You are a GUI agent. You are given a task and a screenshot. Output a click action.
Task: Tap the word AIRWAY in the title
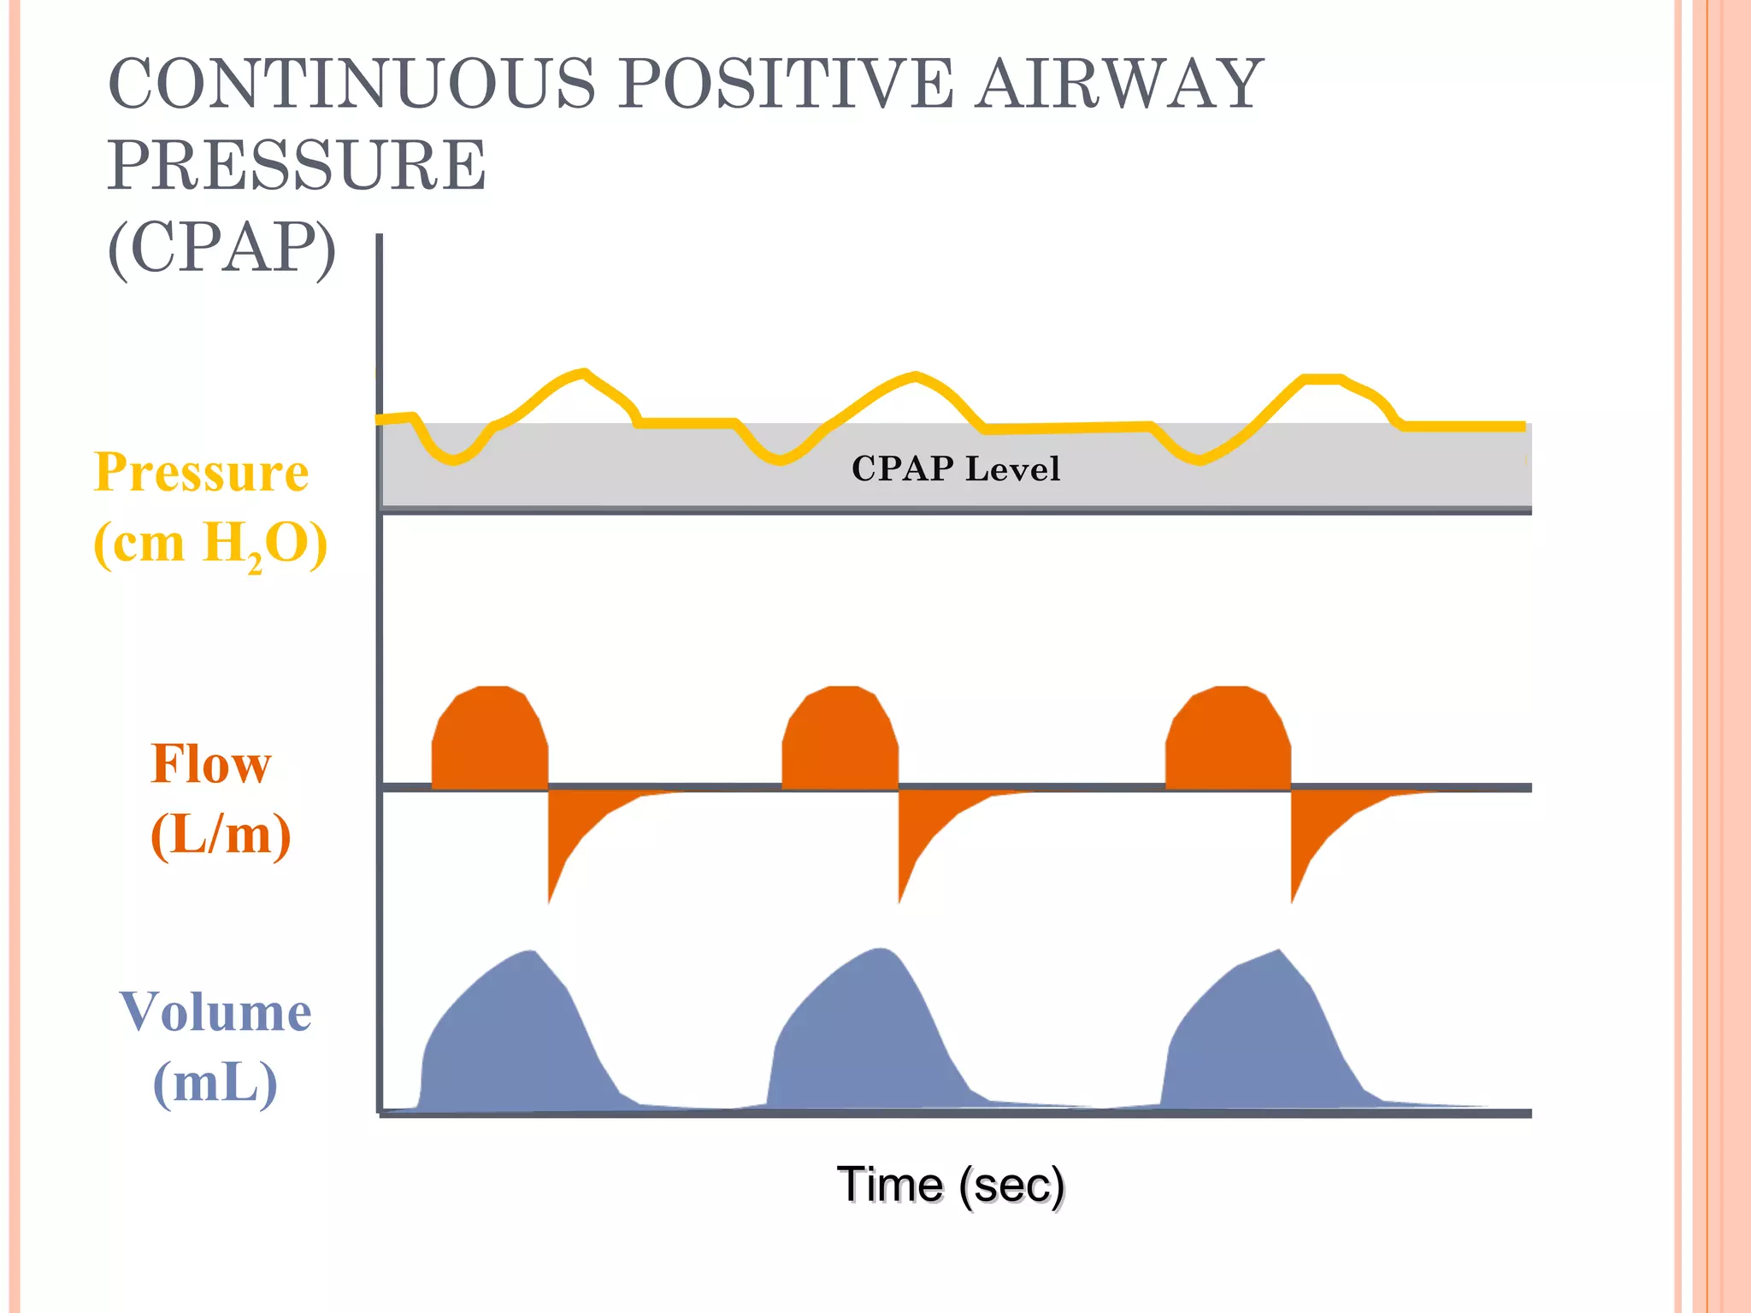pos(1119,84)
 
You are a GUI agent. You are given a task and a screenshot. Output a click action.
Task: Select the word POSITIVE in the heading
pos(786,84)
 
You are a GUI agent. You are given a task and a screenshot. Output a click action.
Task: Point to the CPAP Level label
pos(956,468)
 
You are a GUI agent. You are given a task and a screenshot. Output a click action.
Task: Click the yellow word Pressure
pos(202,472)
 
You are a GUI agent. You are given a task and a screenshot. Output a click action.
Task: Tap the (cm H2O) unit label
pos(210,544)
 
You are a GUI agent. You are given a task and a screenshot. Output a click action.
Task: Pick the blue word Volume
pos(215,1012)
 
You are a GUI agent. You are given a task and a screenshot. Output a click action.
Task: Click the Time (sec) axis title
pos(951,1185)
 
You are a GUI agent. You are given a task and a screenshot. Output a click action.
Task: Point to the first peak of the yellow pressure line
pos(583,373)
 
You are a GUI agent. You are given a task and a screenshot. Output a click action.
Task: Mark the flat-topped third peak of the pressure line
pos(1322,379)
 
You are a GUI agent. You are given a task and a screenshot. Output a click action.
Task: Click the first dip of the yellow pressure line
pos(453,460)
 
